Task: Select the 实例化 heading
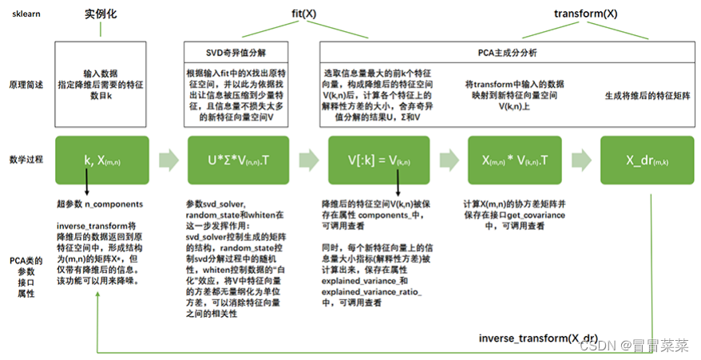point(101,14)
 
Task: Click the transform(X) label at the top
point(586,14)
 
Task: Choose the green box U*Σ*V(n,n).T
point(237,160)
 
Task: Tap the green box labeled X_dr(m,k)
point(646,160)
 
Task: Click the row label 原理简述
point(26,85)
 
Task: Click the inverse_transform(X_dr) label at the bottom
point(537,338)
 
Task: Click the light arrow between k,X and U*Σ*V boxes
point(168,160)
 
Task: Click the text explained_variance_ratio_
point(369,292)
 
